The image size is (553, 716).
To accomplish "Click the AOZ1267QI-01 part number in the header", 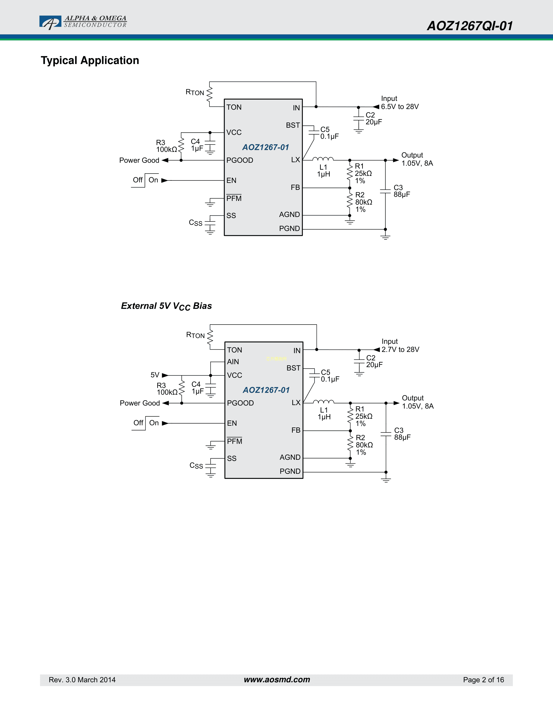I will (x=470, y=26).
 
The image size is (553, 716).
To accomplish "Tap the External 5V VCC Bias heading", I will (x=166, y=306).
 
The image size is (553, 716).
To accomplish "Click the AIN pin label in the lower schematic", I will (x=233, y=362).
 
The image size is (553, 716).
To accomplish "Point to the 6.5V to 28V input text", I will (x=400, y=107).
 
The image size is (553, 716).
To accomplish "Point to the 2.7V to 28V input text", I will (x=400, y=350).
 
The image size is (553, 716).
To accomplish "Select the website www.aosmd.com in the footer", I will (x=277, y=680).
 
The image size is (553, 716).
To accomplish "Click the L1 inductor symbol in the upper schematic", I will (x=323, y=159).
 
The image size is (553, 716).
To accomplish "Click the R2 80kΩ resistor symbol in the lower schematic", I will (x=350, y=444).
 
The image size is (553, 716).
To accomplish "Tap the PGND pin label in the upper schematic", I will (x=289, y=228).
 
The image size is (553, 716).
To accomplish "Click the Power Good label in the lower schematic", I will (x=140, y=403).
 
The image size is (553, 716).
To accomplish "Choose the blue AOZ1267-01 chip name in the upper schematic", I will (x=265, y=147).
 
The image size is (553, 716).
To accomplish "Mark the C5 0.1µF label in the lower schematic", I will (x=330, y=376).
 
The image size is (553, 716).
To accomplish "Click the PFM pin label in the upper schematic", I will (x=234, y=198).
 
